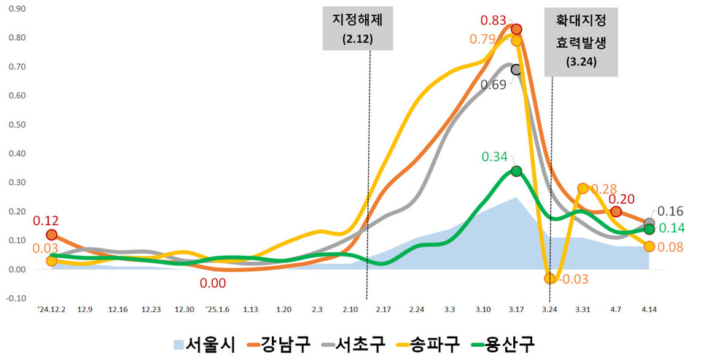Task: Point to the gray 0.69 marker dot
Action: [x=516, y=69]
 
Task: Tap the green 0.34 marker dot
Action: [x=516, y=171]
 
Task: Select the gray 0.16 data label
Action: [x=671, y=211]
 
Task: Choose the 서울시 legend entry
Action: [x=204, y=343]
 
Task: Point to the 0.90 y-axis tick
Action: [x=15, y=9]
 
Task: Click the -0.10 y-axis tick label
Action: [x=15, y=298]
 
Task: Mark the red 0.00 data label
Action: [x=211, y=283]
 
